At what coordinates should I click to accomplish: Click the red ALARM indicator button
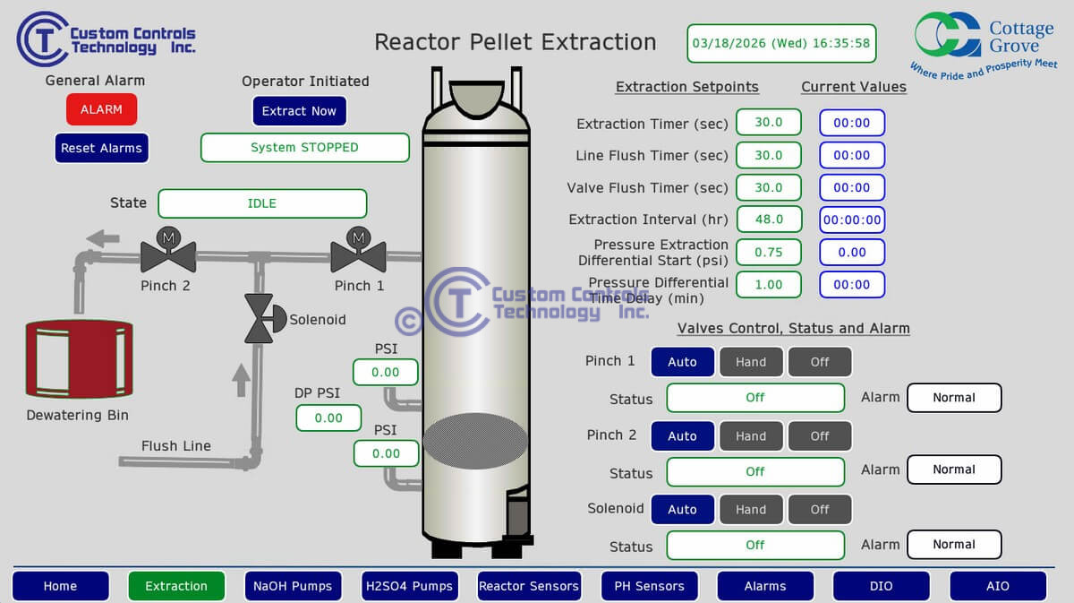[x=101, y=109]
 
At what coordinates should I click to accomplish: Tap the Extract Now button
[x=299, y=111]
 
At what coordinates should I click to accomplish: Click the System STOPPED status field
[x=304, y=148]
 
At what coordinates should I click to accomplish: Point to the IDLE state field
[x=262, y=203]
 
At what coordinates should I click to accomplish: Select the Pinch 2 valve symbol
[x=167, y=255]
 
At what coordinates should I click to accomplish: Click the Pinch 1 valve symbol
[x=358, y=255]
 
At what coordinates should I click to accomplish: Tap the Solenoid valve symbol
[x=260, y=319]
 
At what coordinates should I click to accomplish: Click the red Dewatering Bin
[x=78, y=359]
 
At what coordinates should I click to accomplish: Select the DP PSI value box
[x=328, y=418]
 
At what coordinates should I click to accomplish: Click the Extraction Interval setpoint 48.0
[x=768, y=220]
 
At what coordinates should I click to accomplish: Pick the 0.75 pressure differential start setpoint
[x=768, y=252]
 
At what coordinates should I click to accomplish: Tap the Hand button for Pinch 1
[x=751, y=362]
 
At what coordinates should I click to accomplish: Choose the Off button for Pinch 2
[x=820, y=436]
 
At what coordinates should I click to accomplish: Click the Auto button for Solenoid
[x=682, y=510]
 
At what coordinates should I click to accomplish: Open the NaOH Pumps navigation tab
[x=293, y=586]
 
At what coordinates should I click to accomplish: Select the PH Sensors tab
[x=649, y=586]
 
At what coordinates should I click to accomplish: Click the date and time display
[x=781, y=43]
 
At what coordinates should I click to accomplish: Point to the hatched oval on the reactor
[x=475, y=441]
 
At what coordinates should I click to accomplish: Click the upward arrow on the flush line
[x=241, y=380]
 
